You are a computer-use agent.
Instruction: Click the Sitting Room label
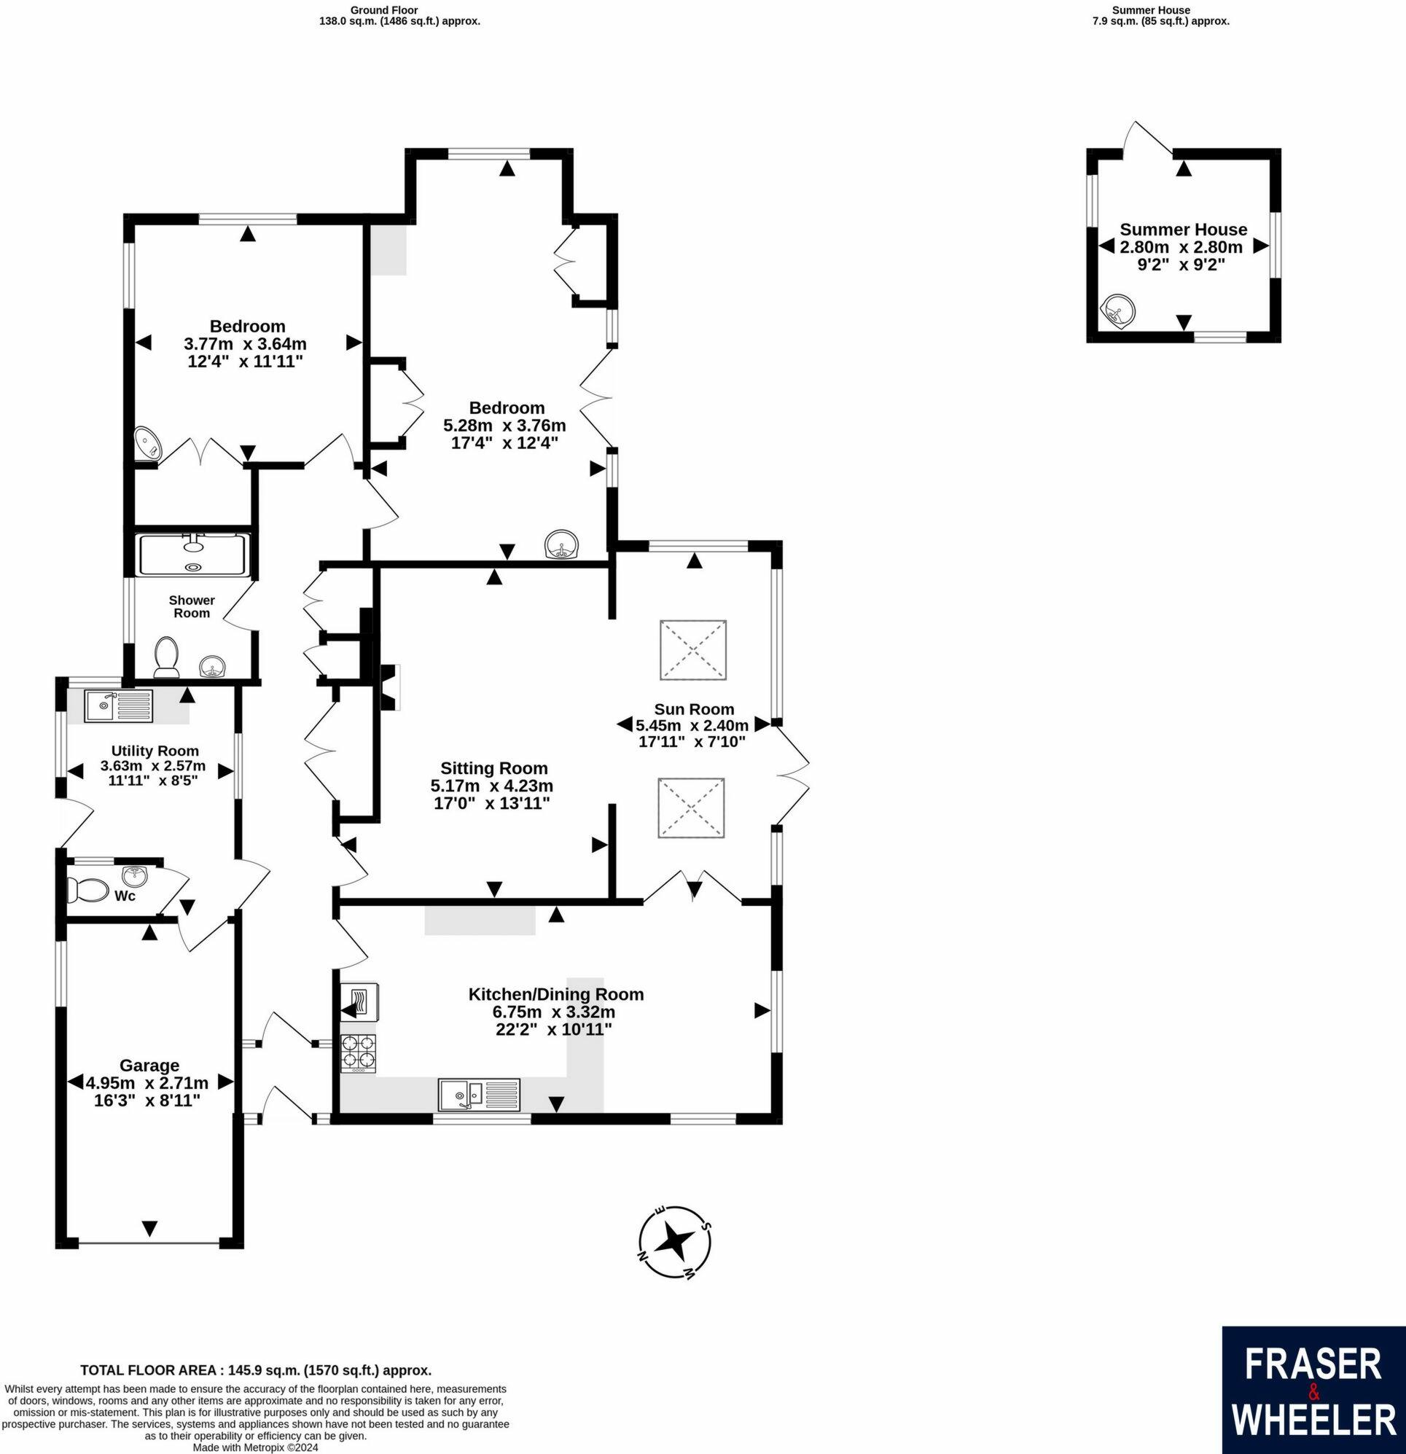tap(493, 768)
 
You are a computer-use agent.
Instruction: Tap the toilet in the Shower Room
tap(166, 657)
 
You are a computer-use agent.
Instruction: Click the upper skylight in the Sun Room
tap(693, 650)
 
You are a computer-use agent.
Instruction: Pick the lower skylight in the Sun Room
tap(691, 808)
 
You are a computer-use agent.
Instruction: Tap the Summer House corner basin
tap(1117, 310)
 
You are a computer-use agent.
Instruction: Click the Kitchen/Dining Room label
tap(555, 995)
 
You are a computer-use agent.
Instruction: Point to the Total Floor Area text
tap(255, 1370)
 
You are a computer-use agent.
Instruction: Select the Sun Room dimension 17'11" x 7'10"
tap(692, 740)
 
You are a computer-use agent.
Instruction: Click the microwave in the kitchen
tap(359, 1003)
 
